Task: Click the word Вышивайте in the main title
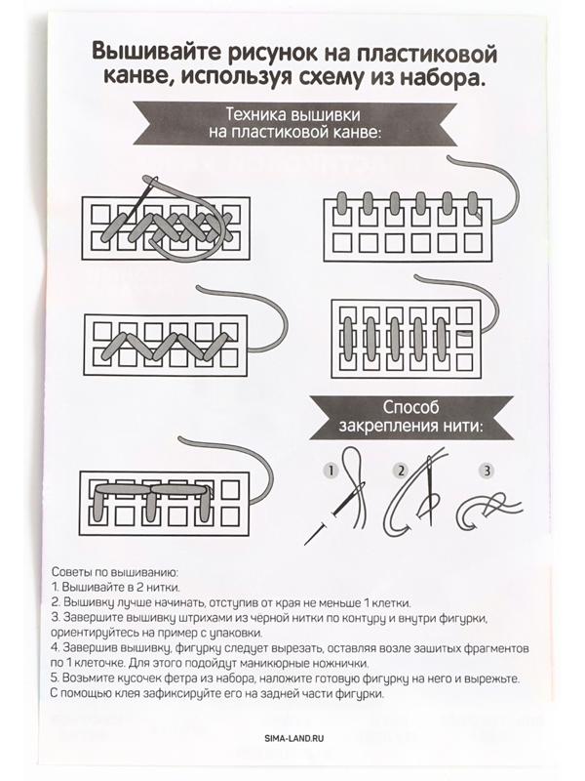click(x=157, y=54)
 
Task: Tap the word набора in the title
click(x=443, y=79)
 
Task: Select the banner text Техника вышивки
click(x=293, y=114)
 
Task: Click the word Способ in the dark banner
click(x=410, y=407)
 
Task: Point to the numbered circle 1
click(x=331, y=471)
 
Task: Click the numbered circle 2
click(x=401, y=471)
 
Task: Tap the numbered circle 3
click(x=487, y=471)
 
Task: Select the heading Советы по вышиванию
click(x=114, y=572)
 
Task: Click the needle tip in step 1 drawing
click(x=306, y=543)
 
